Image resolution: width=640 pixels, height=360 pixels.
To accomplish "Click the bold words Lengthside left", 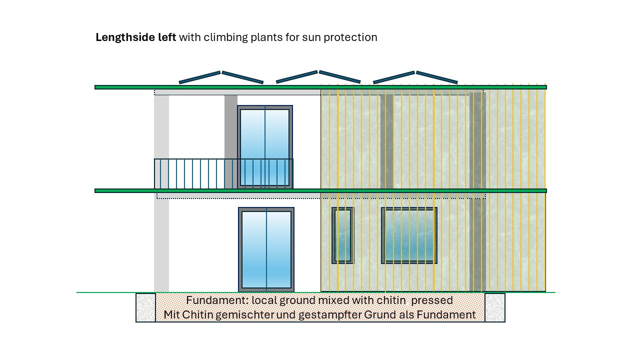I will coord(135,37).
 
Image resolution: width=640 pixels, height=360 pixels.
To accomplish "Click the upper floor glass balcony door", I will coord(264,147).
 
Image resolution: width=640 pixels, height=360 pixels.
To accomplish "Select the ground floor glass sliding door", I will coord(266,249).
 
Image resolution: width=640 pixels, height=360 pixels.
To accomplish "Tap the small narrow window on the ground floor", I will coord(342,235).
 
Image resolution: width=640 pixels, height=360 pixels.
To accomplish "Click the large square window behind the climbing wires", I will coord(409,235).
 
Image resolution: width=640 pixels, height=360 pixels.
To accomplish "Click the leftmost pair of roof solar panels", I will coord(221,77).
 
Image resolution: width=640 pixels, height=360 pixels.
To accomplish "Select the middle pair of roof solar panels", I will coord(318,77).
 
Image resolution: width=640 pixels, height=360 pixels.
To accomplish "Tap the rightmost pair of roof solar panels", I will coord(415,77).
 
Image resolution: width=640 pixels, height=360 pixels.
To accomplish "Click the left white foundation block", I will coord(145,307).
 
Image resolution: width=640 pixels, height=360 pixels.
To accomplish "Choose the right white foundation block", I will coord(494,307).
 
